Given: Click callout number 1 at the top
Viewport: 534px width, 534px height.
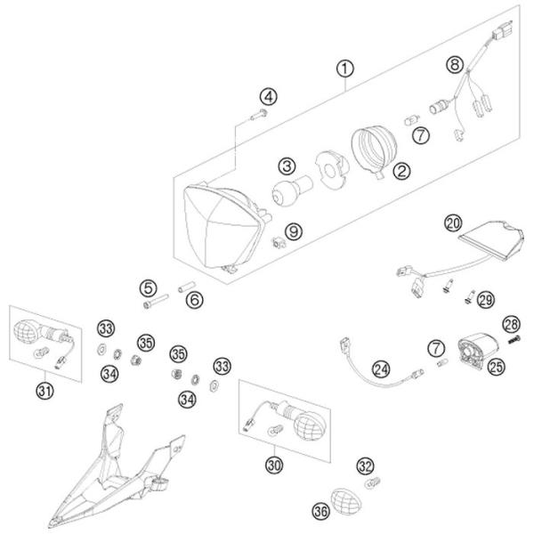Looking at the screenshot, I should coord(344,68).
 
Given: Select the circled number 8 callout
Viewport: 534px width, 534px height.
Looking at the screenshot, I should coord(456,64).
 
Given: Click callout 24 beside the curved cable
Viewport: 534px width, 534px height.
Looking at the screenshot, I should coord(381,368).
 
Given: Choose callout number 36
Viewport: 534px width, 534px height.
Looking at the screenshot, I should coord(320,510).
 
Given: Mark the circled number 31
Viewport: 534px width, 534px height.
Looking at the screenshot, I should coord(43,389).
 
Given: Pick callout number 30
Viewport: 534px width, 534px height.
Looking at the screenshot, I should coord(274,463).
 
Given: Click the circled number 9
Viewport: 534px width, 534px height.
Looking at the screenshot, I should coord(294,231).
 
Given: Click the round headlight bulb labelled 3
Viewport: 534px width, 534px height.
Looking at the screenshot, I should coord(288,190).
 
